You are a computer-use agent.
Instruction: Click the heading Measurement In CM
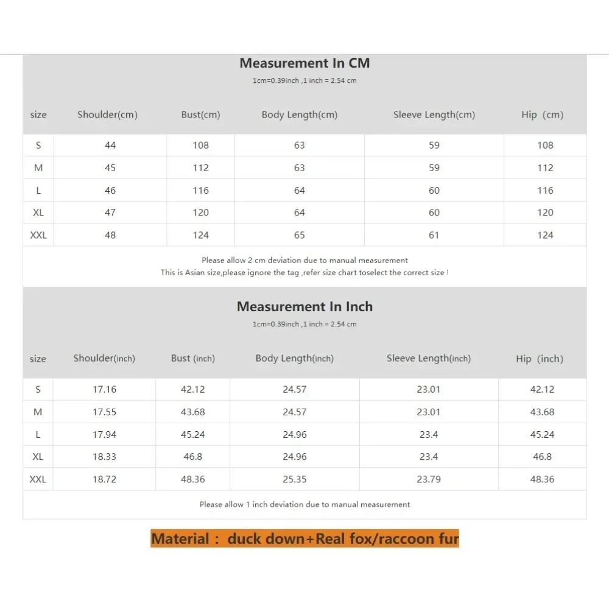304,63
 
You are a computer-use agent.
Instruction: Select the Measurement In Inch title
304,307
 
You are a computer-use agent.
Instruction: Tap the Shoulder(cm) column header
107,114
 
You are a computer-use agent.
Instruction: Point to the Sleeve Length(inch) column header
428,359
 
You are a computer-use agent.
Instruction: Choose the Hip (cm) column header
543,114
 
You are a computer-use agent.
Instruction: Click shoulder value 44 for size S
110,145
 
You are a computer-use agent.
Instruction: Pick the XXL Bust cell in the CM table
200,235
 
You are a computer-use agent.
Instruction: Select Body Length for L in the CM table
299,191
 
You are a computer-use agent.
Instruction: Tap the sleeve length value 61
434,235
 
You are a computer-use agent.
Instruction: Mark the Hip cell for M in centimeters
545,168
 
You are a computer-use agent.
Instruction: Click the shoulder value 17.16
104,390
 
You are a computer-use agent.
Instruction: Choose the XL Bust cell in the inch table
192,457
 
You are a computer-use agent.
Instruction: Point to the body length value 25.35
294,479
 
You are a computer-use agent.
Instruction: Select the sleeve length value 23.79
428,479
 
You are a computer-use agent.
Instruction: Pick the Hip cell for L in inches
542,435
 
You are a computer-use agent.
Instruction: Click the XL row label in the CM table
38,213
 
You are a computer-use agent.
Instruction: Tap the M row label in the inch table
38,412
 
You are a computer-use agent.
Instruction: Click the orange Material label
304,538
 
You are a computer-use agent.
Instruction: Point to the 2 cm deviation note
304,260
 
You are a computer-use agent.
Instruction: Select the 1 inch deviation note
304,504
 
